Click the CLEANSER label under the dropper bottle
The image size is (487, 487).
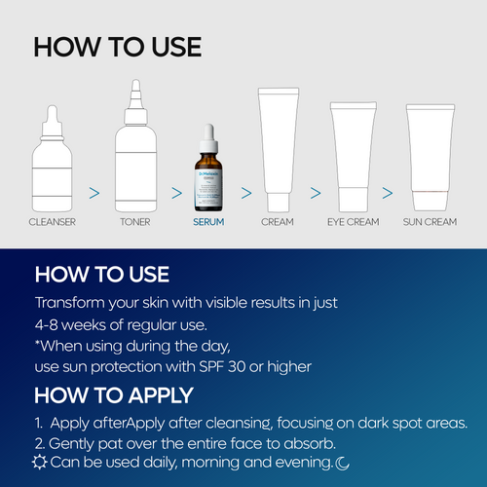(52, 222)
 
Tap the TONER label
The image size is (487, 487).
(134, 222)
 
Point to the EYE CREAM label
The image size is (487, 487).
(353, 222)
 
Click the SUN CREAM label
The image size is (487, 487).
(430, 222)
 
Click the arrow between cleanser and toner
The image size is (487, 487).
(94, 193)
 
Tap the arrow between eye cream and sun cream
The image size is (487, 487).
(388, 193)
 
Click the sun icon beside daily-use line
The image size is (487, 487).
(40, 461)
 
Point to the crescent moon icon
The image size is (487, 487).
(342, 461)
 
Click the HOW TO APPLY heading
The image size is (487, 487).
(113, 395)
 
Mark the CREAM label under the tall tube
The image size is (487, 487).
(278, 222)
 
